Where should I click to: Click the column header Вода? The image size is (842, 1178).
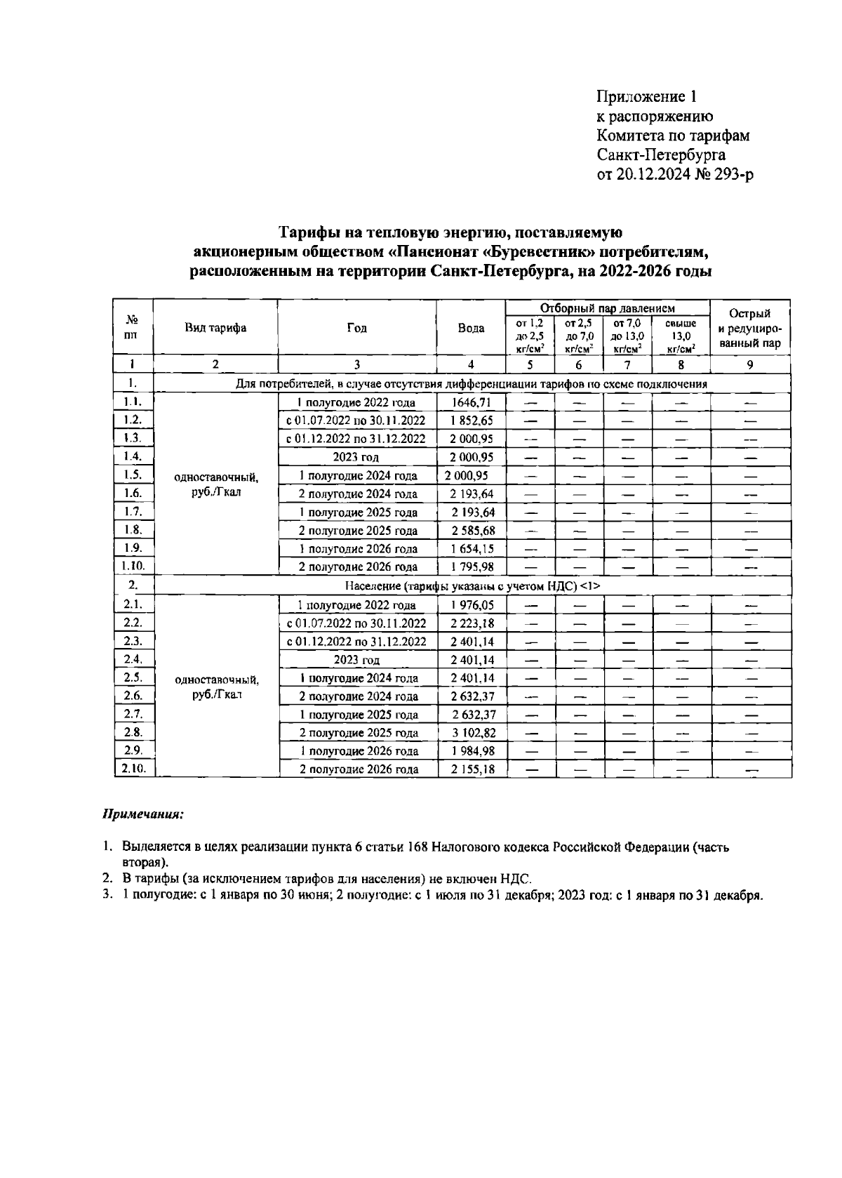[471, 328]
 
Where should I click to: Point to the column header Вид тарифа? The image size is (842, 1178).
[215, 328]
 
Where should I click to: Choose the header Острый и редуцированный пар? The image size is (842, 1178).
[749, 328]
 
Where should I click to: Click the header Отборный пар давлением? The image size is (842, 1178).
[607, 308]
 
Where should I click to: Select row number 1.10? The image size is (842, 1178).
[133, 566]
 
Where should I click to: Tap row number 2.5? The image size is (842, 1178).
[133, 677]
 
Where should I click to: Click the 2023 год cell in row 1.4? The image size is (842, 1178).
[356, 457]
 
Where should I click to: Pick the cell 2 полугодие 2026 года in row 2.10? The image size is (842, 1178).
[358, 769]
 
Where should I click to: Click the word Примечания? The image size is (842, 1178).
[143, 815]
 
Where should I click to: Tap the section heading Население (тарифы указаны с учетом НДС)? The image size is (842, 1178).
[472, 585]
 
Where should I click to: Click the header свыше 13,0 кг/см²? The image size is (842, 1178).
[680, 336]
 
